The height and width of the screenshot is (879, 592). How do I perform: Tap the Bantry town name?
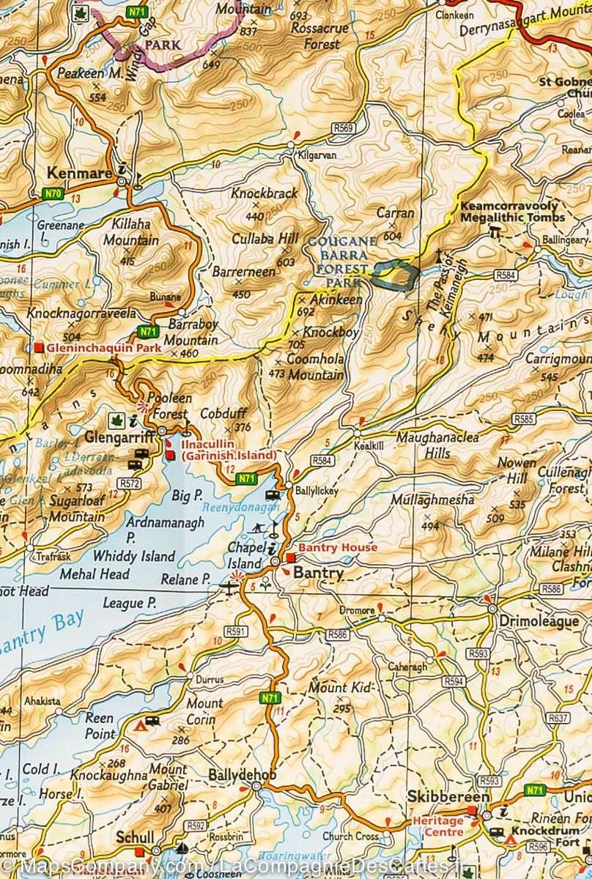[x=317, y=574]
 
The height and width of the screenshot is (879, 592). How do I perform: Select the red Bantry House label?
[x=338, y=548]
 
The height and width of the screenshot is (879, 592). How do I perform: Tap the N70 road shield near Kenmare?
[x=51, y=193]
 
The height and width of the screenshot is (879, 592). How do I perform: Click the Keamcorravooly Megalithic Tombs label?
[x=512, y=212]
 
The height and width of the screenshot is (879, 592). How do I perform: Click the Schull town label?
[x=134, y=837]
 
